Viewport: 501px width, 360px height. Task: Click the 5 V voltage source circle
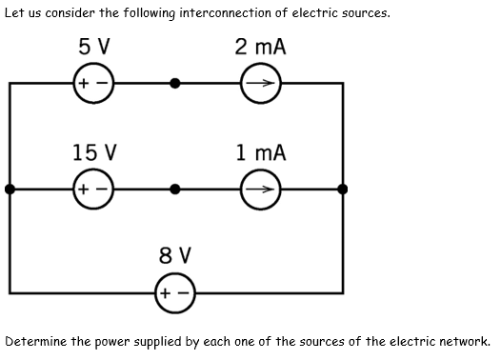coord(93,84)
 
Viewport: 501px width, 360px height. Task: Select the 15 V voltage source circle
coord(93,190)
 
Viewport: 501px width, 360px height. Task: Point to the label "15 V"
coord(94,152)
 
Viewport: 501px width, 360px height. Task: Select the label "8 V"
coord(174,255)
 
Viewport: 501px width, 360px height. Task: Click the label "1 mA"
coord(260,152)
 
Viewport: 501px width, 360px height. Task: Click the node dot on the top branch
coord(174,84)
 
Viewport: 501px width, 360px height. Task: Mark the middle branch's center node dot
coord(174,190)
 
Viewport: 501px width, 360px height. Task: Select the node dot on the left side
coord(10,190)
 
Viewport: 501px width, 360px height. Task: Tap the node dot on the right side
coord(343,190)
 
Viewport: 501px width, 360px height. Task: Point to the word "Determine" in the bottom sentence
coord(38,341)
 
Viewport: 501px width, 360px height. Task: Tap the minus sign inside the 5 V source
coord(101,84)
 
